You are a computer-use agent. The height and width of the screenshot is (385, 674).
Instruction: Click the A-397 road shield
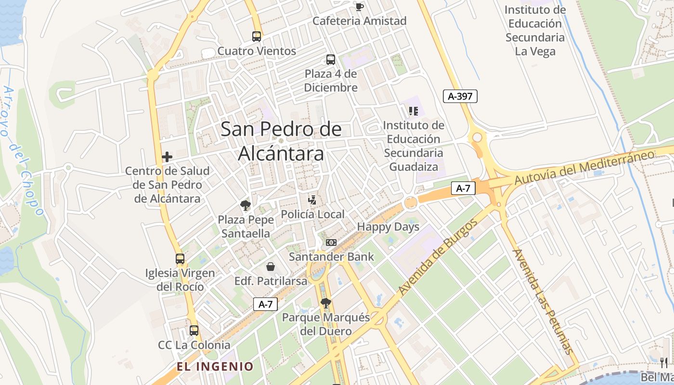tap(460, 96)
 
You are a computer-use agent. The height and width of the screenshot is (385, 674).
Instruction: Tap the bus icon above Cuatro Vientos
tap(257, 36)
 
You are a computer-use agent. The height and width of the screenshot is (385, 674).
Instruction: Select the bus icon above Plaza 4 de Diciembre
tap(331, 60)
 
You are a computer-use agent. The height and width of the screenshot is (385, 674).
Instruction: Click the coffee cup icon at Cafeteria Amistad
tap(359, 6)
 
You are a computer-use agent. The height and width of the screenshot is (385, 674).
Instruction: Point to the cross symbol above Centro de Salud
tap(167, 157)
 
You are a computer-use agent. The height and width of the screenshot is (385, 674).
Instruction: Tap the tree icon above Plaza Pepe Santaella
tap(246, 205)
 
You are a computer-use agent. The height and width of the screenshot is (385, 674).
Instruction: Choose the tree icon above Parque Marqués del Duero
tap(326, 303)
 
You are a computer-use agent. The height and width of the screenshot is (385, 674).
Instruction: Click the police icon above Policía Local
tap(312, 200)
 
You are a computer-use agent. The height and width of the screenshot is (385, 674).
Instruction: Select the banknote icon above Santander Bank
tap(331, 243)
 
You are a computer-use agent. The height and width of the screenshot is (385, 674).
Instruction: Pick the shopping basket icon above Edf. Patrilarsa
tap(271, 267)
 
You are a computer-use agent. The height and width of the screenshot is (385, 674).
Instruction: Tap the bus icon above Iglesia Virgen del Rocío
tap(180, 259)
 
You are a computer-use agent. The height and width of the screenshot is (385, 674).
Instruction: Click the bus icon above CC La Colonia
tap(194, 331)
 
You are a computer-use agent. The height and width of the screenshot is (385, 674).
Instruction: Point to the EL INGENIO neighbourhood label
tap(215, 367)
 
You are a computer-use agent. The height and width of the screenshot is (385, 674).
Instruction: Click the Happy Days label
tap(388, 227)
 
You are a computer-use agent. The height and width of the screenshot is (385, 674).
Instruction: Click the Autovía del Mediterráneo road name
tap(584, 167)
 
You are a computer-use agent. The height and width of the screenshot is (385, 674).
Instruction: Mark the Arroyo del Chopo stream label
tap(22, 149)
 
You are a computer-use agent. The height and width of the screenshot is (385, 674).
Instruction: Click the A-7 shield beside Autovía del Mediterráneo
tap(463, 189)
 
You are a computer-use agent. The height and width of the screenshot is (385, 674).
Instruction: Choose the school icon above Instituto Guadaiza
tap(413, 111)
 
